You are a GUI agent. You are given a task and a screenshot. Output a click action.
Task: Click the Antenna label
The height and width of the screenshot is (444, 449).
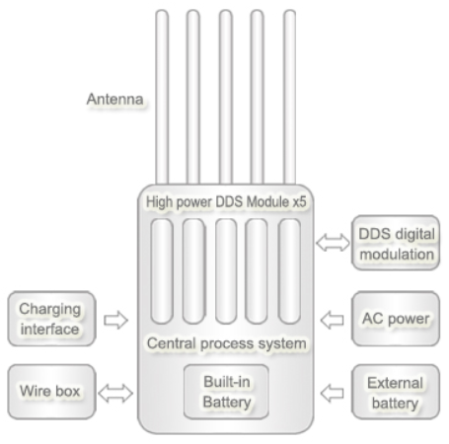point(114,100)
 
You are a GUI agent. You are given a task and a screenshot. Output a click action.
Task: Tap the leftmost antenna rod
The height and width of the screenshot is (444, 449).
point(162,97)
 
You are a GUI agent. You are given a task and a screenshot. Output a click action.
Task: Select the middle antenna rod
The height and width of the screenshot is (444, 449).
point(226,97)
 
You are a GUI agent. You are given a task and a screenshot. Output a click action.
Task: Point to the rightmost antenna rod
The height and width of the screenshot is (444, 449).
point(289,97)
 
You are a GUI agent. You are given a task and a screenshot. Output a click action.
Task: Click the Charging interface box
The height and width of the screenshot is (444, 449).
point(52,319)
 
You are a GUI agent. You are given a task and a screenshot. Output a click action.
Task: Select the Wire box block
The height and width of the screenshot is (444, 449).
point(52,392)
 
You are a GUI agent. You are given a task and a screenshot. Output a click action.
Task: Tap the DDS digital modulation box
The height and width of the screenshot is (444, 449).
point(396,243)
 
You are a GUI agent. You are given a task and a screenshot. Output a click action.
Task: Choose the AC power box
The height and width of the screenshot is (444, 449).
point(396,319)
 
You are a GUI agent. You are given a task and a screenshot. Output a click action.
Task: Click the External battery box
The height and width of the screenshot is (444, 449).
point(396,392)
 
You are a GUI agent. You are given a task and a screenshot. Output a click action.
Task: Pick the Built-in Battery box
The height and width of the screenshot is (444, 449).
point(226,392)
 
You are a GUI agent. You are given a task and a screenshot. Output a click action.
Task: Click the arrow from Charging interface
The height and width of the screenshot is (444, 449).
point(115,320)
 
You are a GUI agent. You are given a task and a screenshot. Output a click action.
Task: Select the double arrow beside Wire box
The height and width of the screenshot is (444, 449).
point(115,393)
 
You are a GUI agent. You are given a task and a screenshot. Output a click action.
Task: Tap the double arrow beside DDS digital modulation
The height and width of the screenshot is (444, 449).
point(333,243)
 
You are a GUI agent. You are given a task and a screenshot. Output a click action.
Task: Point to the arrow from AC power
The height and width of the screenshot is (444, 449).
point(332,320)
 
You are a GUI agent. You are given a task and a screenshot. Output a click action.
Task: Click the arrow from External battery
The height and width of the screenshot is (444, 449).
point(332,393)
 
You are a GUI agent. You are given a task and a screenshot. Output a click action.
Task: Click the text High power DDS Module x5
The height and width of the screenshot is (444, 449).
point(226,202)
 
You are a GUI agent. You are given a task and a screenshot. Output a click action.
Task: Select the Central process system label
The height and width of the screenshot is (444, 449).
point(227,343)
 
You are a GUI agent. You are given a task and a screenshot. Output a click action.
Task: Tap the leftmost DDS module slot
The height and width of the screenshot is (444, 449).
point(162,271)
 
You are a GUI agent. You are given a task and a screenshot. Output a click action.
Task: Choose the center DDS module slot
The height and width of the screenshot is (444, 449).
point(226,271)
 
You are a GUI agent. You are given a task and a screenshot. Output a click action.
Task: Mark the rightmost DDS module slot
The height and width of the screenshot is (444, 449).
point(289,271)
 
